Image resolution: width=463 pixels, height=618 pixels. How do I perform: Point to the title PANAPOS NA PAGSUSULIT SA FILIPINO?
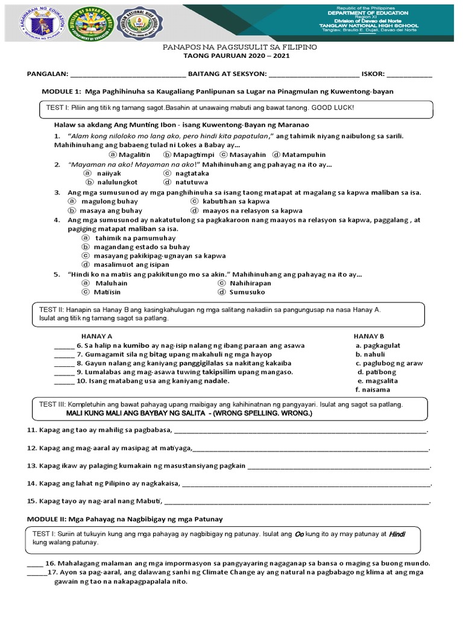pos(232,46)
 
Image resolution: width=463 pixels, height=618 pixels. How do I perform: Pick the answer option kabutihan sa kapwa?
pos(233,201)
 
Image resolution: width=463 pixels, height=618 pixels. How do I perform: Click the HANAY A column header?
pos(96,336)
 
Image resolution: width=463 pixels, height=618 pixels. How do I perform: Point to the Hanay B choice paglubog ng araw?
pos(389,363)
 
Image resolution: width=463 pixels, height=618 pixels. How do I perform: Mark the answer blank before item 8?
pos(64,363)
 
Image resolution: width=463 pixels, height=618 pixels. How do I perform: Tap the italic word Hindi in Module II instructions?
pos(396,534)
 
